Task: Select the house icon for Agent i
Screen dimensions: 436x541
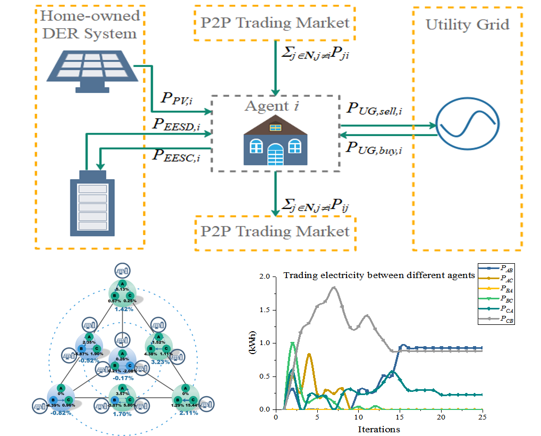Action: tap(275, 142)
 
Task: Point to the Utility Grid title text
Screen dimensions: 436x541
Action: tap(467, 24)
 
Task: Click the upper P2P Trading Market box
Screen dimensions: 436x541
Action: tap(275, 23)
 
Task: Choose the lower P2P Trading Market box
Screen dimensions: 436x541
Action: tap(275, 231)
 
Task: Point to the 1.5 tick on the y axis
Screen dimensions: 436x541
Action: tap(264, 310)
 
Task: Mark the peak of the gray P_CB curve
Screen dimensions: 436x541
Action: tap(333, 288)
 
